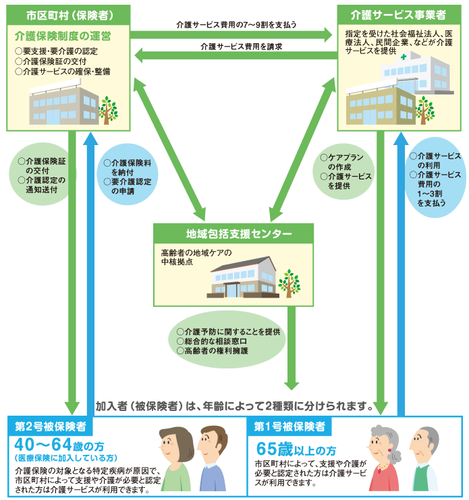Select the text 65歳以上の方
[296, 449]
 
